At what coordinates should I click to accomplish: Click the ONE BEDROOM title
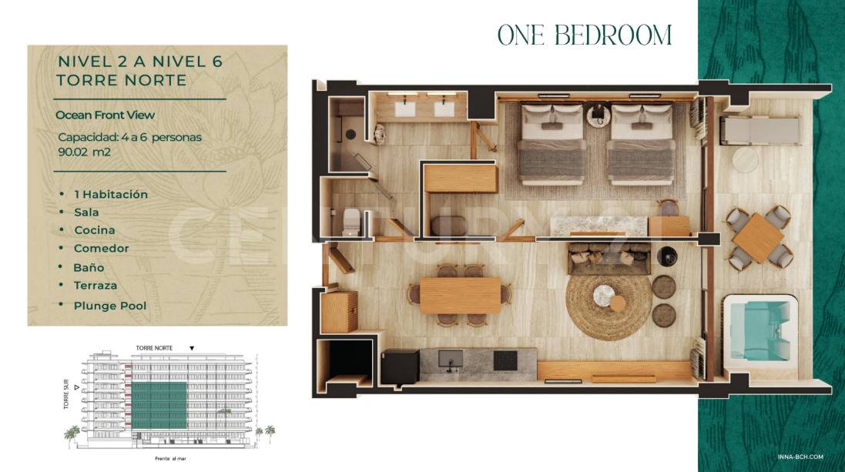tap(584, 35)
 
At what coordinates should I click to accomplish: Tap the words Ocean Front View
tap(105, 115)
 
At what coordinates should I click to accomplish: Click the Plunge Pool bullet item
tap(109, 306)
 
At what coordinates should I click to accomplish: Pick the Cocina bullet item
tap(94, 230)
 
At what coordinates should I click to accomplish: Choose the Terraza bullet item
tap(96, 286)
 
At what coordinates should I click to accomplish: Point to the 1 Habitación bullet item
tap(110, 195)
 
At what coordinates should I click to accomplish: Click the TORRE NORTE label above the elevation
tap(154, 348)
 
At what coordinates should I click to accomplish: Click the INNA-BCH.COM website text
tap(810, 456)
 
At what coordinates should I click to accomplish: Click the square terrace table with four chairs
tap(758, 238)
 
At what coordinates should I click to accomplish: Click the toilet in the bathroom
tap(350, 221)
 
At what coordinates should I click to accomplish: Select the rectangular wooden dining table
tap(460, 295)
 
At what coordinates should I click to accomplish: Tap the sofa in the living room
tap(609, 258)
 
